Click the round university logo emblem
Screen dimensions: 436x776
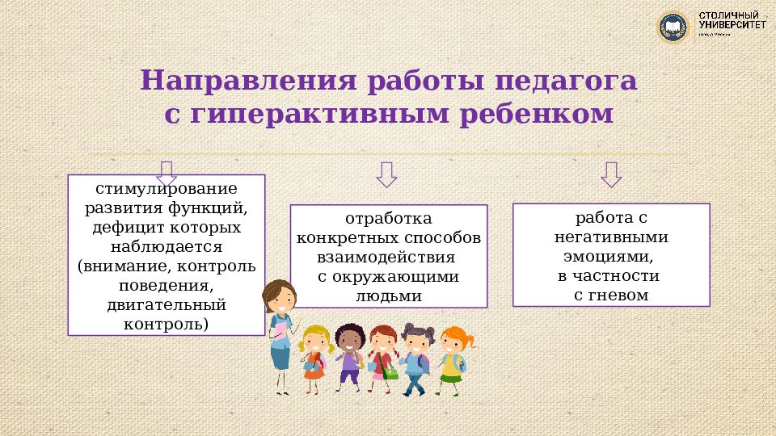pyautogui.click(x=673, y=27)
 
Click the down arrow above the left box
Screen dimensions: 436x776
pyautogui.click(x=167, y=173)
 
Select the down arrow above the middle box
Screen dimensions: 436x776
pyautogui.click(x=386, y=174)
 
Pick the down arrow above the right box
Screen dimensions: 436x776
pyautogui.click(x=610, y=174)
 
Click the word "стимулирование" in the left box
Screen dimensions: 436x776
pyautogui.click(x=167, y=190)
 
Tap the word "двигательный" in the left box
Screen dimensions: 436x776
pyautogui.click(x=167, y=305)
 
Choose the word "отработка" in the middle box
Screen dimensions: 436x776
pyautogui.click(x=389, y=219)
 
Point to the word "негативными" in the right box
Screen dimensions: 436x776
pyautogui.click(x=611, y=237)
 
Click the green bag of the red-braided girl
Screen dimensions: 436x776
pyautogui.click(x=390, y=372)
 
